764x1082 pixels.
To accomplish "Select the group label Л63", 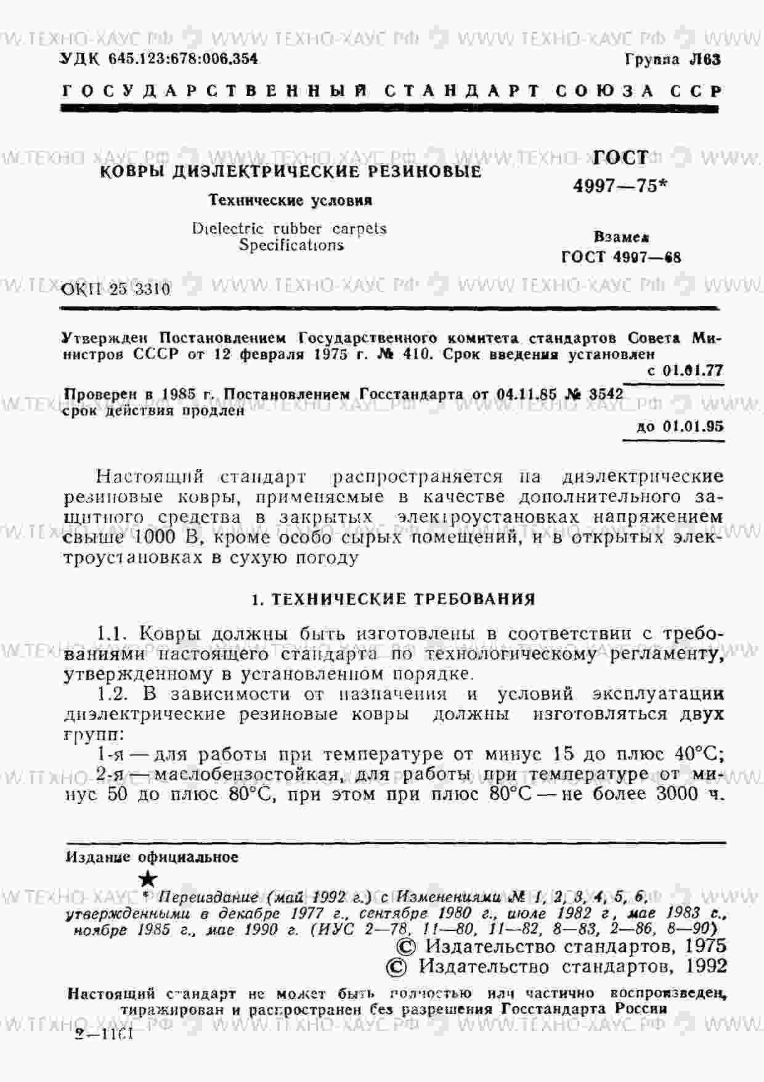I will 704,60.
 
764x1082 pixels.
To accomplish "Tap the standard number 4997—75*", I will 620,186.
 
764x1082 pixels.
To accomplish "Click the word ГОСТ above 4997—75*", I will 620,158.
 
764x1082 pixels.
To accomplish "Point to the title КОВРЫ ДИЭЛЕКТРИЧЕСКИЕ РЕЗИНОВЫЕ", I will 291,172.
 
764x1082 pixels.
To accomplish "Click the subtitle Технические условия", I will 291,200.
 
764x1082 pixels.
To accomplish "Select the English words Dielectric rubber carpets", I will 290,229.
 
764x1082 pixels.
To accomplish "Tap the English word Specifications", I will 291,245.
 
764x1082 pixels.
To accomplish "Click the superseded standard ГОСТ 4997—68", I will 621,257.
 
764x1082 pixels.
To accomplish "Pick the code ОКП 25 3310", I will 116,289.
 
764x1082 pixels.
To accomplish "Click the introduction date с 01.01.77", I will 686,371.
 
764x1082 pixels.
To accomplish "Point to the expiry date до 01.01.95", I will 681,427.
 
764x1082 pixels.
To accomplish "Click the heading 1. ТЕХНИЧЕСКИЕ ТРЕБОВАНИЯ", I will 394,599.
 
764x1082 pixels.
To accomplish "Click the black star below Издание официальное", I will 148,880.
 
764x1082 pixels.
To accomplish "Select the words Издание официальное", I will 152,858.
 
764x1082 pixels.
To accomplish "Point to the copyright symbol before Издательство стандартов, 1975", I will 404,946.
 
